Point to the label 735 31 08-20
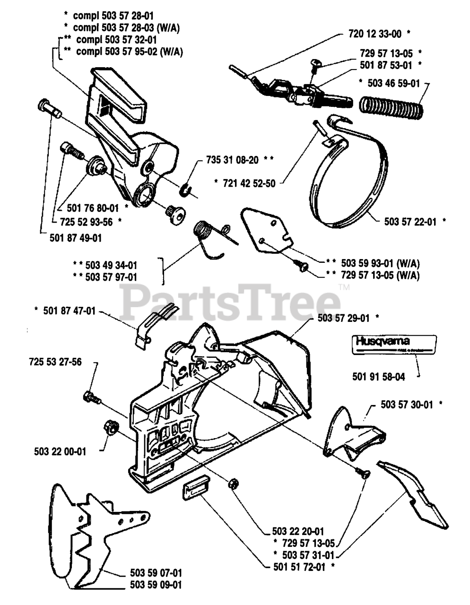(232, 160)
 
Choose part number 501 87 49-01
(75, 237)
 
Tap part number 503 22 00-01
(60, 451)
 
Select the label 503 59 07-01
(156, 572)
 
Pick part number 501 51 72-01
(299, 566)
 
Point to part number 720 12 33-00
(372, 34)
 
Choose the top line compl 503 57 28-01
(113, 15)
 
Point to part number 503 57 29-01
(343, 318)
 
